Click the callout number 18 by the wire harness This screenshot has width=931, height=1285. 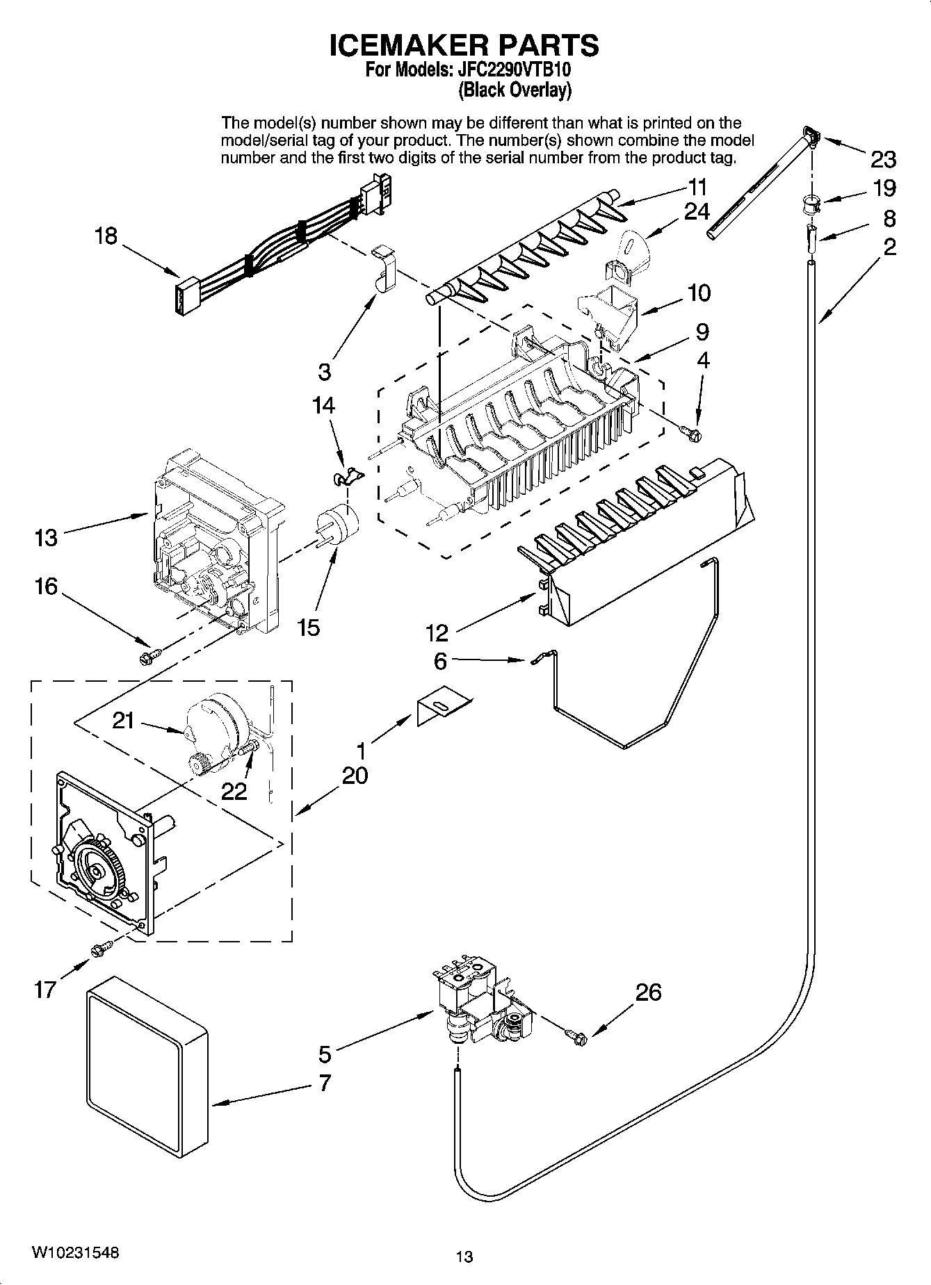coord(106,236)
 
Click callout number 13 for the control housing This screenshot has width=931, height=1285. coord(46,537)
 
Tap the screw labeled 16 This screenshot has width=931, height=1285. coord(149,655)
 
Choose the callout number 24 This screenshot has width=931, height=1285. coord(697,211)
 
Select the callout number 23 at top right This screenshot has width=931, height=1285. coord(883,160)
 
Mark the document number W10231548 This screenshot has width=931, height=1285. coord(74,1252)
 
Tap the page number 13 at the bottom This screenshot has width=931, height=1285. coord(464,1256)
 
